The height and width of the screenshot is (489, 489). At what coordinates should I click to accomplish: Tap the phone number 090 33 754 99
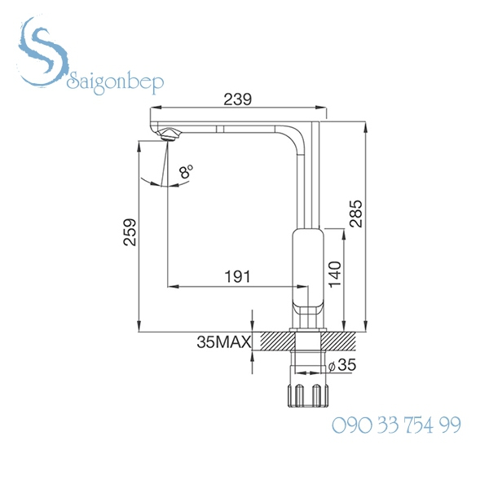[x=396, y=425]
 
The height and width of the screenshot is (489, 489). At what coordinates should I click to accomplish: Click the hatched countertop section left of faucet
[x=273, y=341]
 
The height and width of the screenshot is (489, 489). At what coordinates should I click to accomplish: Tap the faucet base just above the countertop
[x=309, y=322]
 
